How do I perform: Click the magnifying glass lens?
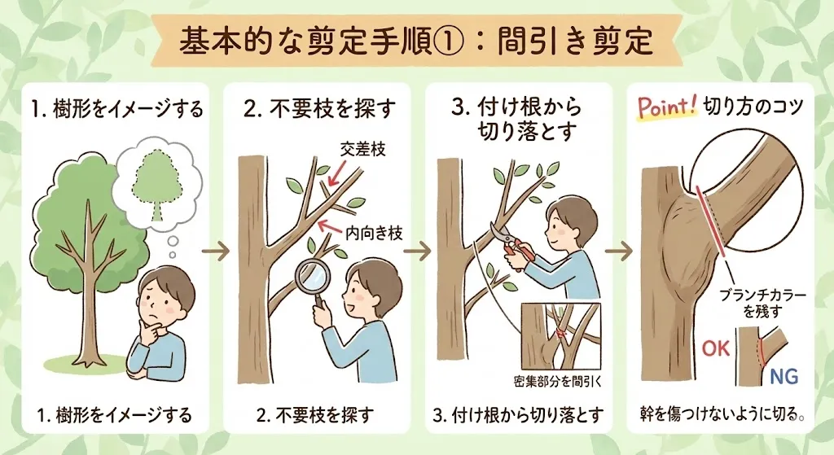pyautogui.click(x=310, y=274)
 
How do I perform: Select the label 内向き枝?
pyautogui.click(x=374, y=233)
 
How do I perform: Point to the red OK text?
pyautogui.click(x=716, y=348)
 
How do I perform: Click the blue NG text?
pyautogui.click(x=784, y=377)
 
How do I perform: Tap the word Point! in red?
pyautogui.click(x=667, y=108)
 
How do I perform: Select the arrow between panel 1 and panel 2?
pyautogui.click(x=215, y=251)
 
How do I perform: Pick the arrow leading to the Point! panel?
pyautogui.click(x=619, y=251)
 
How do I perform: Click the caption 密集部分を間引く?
pyautogui.click(x=558, y=381)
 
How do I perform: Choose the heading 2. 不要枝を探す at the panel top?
pyautogui.click(x=319, y=108)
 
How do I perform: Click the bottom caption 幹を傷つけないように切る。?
pyautogui.click(x=722, y=413)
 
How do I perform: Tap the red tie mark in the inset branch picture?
pyautogui.click(x=560, y=333)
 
